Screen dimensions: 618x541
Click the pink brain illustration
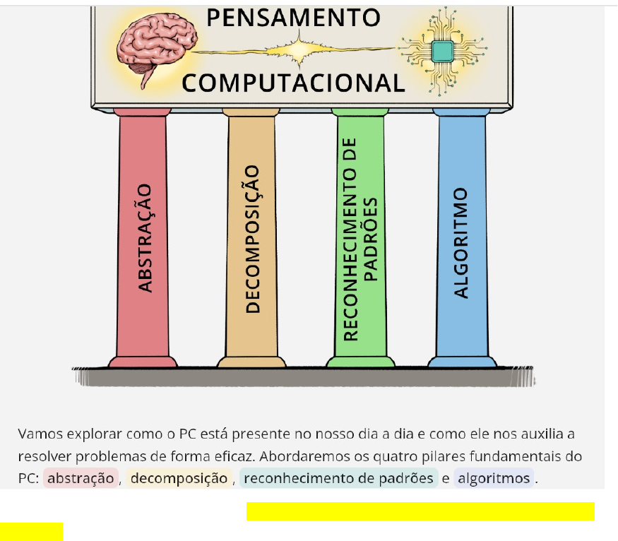[x=157, y=45]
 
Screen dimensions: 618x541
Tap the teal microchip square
[x=442, y=52]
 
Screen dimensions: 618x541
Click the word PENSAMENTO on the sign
[x=293, y=18]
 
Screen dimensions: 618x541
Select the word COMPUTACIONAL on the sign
[x=293, y=83]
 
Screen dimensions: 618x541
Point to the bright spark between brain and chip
[x=299, y=50]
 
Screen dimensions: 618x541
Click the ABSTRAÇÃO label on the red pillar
[x=145, y=238]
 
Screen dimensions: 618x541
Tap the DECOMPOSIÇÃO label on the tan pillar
[x=253, y=239]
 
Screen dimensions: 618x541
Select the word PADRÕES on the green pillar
[x=370, y=239]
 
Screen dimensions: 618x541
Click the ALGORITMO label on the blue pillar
[x=460, y=243]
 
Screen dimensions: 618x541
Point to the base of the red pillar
[x=143, y=362]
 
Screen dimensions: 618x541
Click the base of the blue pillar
[x=462, y=362]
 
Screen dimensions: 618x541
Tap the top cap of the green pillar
[x=359, y=112]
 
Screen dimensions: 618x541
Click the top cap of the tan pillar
[x=251, y=112]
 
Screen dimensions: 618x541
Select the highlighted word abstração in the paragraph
[x=81, y=478]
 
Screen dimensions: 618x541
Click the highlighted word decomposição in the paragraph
[x=179, y=478]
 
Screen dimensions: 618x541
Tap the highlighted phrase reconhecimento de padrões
[x=338, y=478]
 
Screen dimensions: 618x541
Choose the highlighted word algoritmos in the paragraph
[x=494, y=478]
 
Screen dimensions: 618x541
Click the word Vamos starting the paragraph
[x=40, y=434]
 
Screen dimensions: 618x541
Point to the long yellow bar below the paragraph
[x=420, y=511]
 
